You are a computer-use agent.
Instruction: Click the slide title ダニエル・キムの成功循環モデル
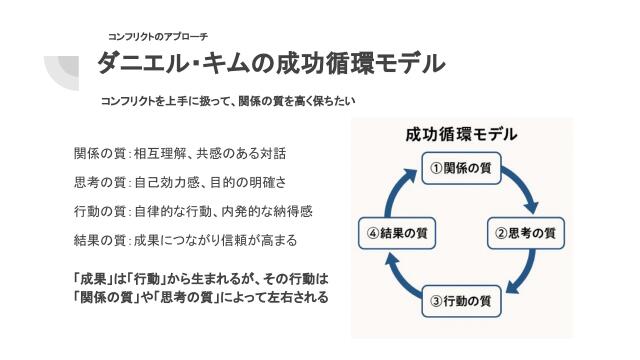coord(270,65)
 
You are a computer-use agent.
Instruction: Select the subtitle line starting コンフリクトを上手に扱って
coord(228,102)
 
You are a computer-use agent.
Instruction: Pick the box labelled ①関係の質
coord(460,169)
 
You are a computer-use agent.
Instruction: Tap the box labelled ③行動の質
coord(460,299)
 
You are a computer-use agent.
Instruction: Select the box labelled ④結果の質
coord(398,234)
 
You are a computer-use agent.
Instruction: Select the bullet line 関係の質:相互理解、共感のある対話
coord(180,154)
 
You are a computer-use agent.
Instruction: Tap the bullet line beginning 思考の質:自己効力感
coord(180,183)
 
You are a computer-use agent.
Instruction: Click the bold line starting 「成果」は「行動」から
coord(200,277)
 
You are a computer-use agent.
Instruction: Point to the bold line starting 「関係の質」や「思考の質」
coord(200,297)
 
